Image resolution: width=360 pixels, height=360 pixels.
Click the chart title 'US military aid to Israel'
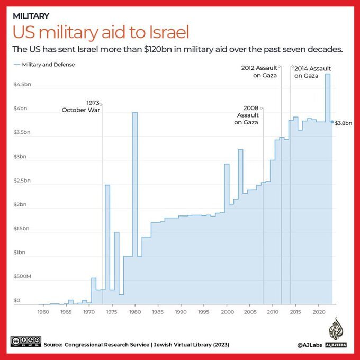pyautogui.click(x=101, y=33)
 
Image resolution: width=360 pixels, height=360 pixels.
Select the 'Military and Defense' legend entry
pyautogui.click(x=48, y=65)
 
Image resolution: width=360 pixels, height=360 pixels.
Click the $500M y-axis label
pyautogui.click(x=22, y=276)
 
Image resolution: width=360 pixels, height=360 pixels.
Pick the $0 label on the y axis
pyautogui.click(x=17, y=300)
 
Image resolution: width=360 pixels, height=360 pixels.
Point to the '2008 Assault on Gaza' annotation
pyautogui.click(x=247, y=115)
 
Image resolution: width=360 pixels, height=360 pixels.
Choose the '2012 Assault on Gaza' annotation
pyautogui.click(x=259, y=72)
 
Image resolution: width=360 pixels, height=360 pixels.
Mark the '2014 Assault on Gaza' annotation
pyautogui.click(x=312, y=72)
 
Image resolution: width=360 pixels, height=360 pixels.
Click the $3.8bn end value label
pyautogui.click(x=344, y=123)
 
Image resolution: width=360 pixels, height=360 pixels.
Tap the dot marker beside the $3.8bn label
pyautogui.click(x=332, y=122)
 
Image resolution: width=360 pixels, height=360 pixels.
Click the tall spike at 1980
pyautogui.click(x=135, y=159)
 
